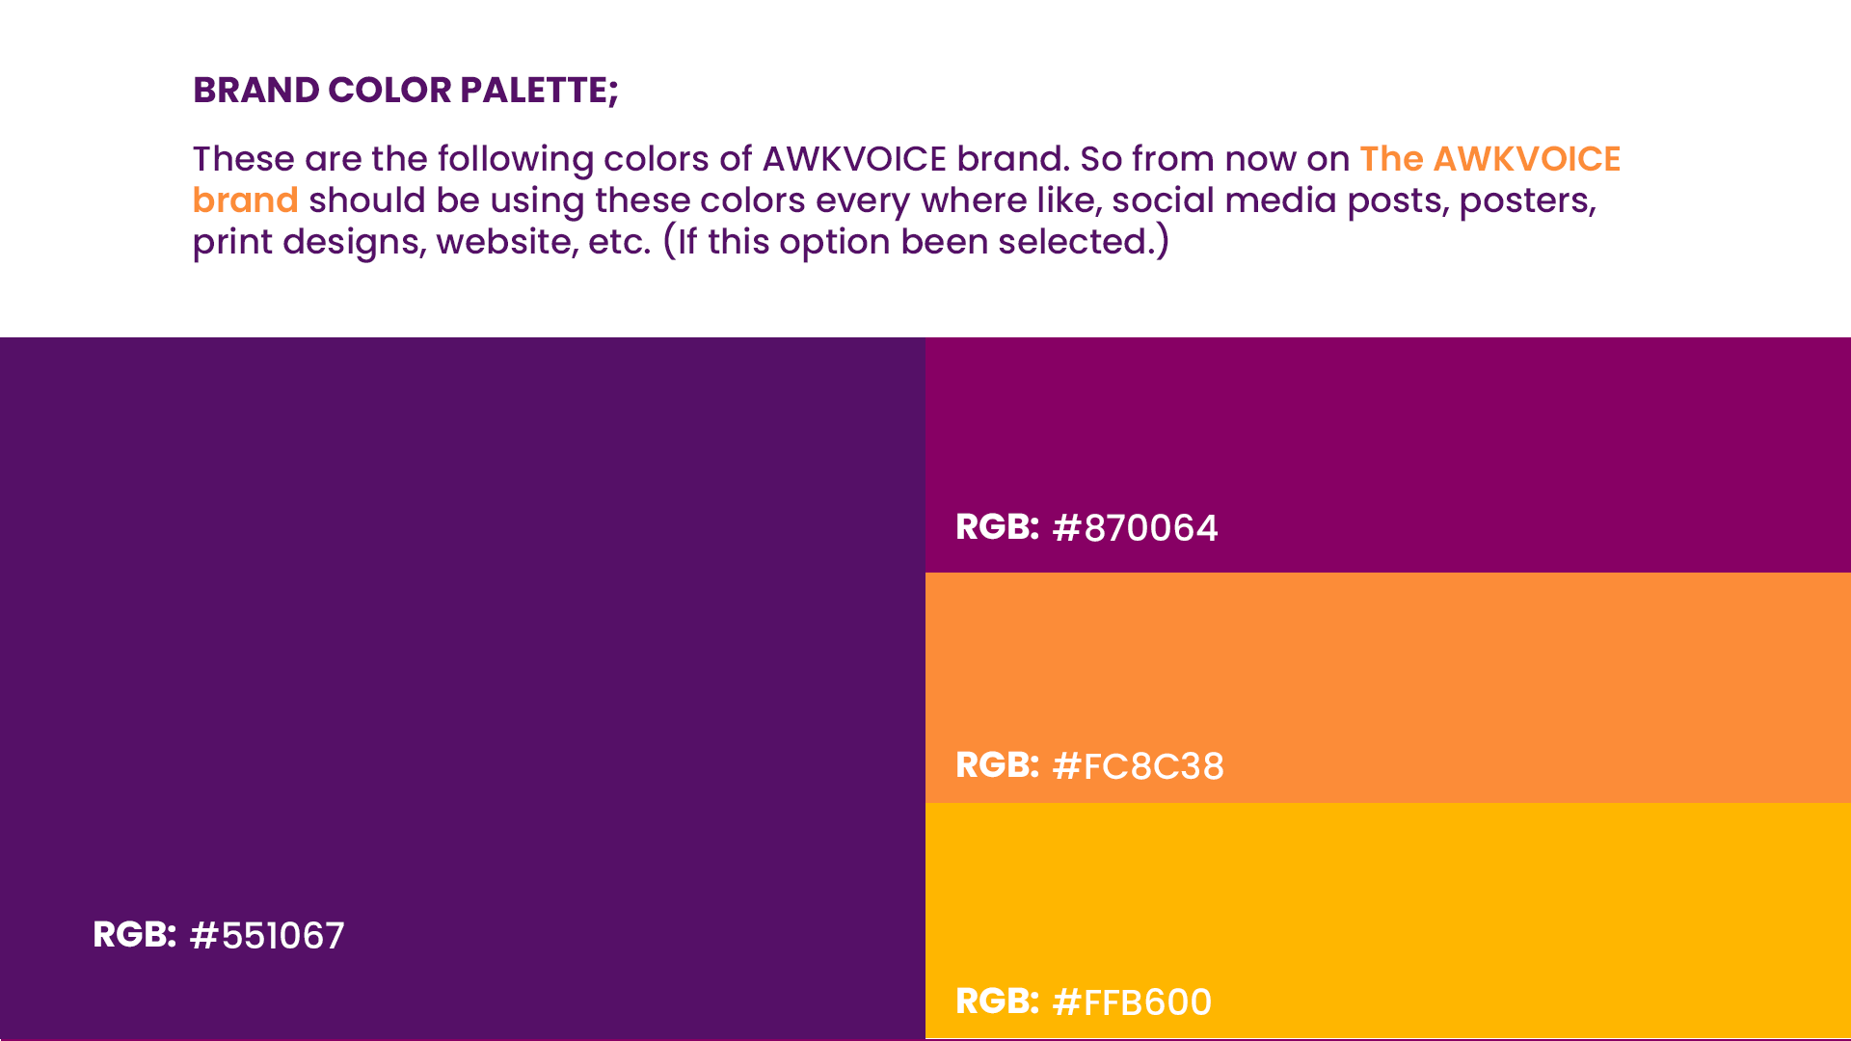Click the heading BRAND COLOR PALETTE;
click(406, 91)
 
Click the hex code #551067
click(267, 936)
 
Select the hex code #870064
click(1135, 528)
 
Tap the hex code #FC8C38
click(1138, 766)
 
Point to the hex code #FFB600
click(1132, 1002)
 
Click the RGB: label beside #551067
click(134, 935)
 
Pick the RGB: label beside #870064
click(997, 527)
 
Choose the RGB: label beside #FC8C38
click(997, 765)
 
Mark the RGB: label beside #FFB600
click(997, 1001)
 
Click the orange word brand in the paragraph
click(245, 200)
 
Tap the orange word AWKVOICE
click(1527, 159)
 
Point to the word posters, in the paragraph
click(1527, 200)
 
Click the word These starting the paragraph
click(243, 159)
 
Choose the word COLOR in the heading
click(389, 91)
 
